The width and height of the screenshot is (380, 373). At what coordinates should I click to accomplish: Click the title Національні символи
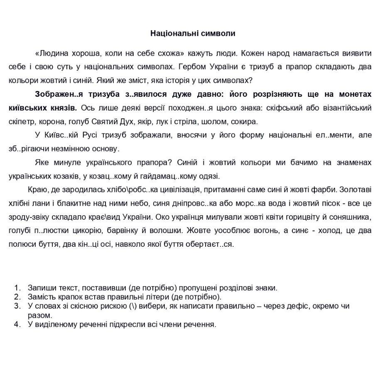[193, 34]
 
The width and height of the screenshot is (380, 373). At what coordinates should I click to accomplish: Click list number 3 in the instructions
[17, 306]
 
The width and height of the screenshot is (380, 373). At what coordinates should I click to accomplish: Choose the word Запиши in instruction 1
[41, 288]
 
